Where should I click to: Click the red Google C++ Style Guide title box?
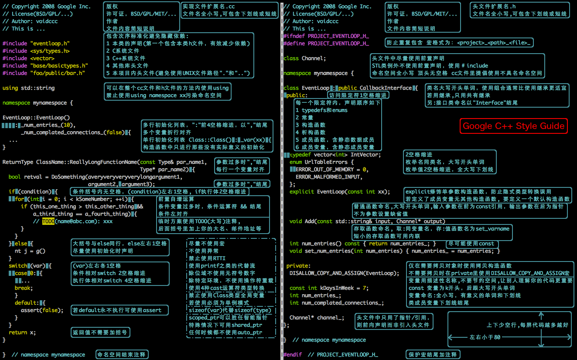[514, 126]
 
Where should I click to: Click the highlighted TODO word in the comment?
[48, 221]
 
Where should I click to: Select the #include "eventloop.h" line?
[36, 44]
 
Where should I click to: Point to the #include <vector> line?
[28, 58]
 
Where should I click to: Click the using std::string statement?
[29, 88]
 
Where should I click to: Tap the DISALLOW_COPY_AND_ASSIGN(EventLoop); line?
[344, 273]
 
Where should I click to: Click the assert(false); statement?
[42, 310]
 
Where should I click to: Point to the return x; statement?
[22, 333]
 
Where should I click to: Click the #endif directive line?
[330, 355]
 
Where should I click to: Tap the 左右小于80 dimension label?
[485, 337]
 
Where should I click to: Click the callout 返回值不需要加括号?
[101, 333]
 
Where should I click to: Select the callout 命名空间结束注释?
[122, 355]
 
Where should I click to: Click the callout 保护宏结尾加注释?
[432, 355]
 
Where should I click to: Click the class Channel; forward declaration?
[304, 58]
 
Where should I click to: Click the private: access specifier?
[298, 266]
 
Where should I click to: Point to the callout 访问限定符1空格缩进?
[358, 95]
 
